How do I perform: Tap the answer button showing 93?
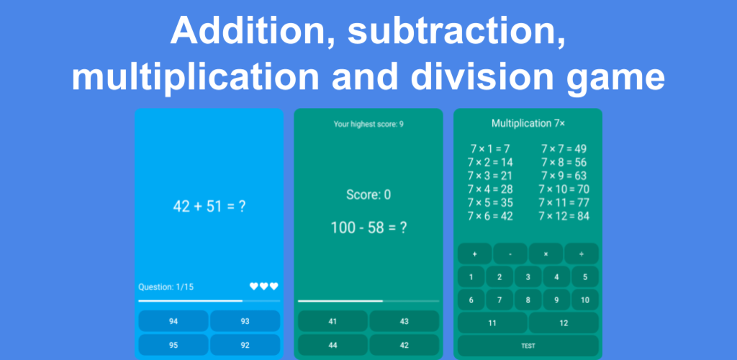tap(245, 321)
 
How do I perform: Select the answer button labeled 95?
tap(173, 346)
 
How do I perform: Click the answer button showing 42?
tap(404, 346)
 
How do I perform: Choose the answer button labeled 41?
tap(333, 321)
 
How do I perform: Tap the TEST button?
tap(528, 346)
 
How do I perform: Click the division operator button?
tap(582, 253)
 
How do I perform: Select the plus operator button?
tap(475, 253)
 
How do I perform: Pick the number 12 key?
tap(564, 323)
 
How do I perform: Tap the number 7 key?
tap(499, 300)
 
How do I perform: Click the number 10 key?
tap(585, 300)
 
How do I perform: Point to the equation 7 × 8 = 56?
tap(564, 163)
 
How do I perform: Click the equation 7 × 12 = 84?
tap(564, 216)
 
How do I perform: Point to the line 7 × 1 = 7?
tap(490, 149)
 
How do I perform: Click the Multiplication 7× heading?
tap(528, 124)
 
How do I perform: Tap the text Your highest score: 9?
tap(368, 124)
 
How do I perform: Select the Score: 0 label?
tap(368, 194)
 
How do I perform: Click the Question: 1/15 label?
tap(166, 287)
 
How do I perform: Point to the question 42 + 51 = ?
tap(209, 207)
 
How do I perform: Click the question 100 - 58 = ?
tap(368, 228)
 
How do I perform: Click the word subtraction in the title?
tap(456, 32)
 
